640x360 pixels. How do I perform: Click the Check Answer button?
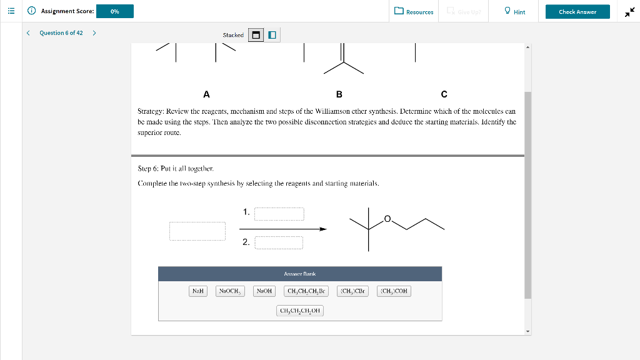(x=577, y=12)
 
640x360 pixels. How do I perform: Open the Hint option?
(x=515, y=12)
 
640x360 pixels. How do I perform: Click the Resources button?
(x=414, y=12)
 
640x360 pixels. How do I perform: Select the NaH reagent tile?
(x=198, y=291)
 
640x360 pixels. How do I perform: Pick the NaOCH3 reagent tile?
(x=230, y=291)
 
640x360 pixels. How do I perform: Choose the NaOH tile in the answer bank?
(x=264, y=291)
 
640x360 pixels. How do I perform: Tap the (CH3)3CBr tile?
(x=353, y=291)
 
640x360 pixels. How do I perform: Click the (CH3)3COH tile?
(x=394, y=291)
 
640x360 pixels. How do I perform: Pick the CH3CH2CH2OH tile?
(x=300, y=311)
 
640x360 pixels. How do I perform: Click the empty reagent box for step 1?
(x=279, y=214)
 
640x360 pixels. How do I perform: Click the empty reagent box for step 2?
(x=279, y=242)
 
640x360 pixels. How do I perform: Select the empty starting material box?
(x=197, y=231)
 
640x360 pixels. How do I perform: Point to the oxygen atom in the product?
(x=387, y=219)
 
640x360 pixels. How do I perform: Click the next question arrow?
(x=94, y=33)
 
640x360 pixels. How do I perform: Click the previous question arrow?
(x=28, y=33)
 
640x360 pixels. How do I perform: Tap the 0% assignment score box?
(x=115, y=12)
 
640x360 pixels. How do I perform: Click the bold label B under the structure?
(x=339, y=94)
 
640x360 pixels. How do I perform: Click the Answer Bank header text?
(x=300, y=274)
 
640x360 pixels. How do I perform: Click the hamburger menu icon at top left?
(x=11, y=11)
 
